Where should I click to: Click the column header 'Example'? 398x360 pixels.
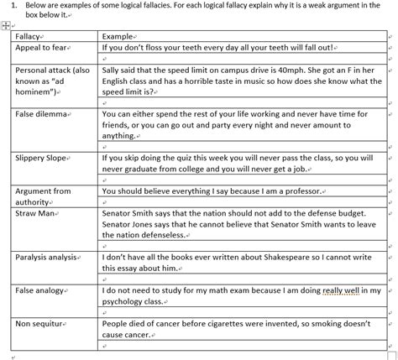(x=118, y=36)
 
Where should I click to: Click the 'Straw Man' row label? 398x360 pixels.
(x=34, y=214)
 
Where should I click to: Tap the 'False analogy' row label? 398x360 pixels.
(x=41, y=290)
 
